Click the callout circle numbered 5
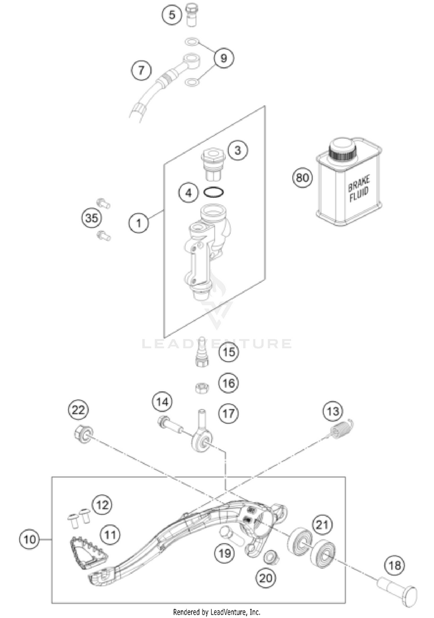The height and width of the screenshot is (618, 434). tap(172, 14)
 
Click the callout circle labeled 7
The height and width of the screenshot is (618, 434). tap(140, 71)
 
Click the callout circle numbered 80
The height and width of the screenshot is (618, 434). tap(301, 178)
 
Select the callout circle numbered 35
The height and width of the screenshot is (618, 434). tap(91, 218)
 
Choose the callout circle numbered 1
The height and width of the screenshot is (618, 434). tap(139, 221)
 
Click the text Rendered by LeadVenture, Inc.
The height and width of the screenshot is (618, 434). tap(216, 612)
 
